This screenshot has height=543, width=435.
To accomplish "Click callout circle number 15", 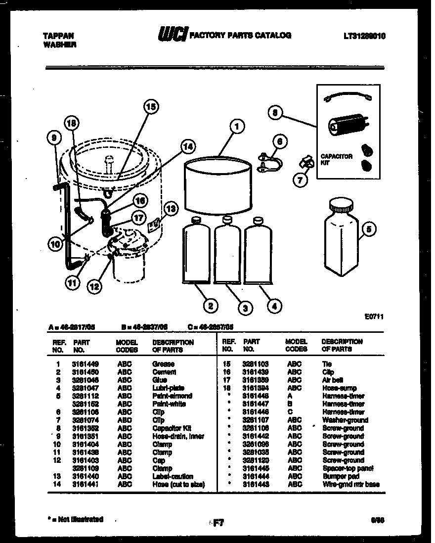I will click(151, 107).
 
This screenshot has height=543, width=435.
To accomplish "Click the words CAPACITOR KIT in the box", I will click(336, 159).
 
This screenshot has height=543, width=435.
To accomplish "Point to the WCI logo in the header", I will click(173, 35).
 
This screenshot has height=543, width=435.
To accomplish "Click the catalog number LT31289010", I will click(364, 36).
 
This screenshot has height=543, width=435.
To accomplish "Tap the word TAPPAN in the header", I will click(58, 36).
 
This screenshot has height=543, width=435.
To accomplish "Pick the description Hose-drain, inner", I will click(178, 436).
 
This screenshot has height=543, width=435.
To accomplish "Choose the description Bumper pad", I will click(341, 476).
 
